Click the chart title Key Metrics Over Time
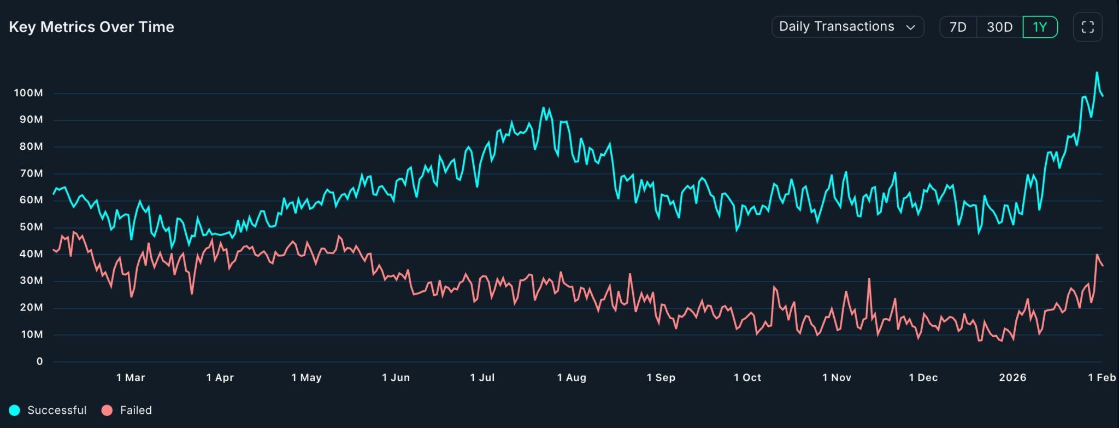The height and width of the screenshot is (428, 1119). (91, 27)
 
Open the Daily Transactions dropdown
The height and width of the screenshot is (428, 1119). (847, 27)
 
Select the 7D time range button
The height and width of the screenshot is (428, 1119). (958, 27)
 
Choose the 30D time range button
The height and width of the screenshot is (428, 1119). (999, 27)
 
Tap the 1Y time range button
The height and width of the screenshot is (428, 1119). (1040, 27)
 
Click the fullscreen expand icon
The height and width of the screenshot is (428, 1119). (1087, 27)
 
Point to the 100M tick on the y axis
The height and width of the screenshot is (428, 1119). (28, 93)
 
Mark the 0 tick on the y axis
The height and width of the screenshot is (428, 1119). (39, 361)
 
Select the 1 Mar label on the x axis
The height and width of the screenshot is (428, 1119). (131, 378)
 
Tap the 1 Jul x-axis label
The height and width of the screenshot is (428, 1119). (482, 378)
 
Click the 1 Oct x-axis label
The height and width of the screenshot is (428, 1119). (747, 378)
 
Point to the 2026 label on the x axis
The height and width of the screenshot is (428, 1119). (1012, 378)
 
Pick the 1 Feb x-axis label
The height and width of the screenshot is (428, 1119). (1102, 378)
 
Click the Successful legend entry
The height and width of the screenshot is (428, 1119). (48, 411)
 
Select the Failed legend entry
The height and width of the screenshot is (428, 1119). (127, 411)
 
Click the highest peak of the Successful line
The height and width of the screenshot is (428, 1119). (1097, 73)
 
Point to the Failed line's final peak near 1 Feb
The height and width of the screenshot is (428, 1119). (1097, 255)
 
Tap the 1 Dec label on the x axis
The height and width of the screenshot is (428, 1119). (923, 378)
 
